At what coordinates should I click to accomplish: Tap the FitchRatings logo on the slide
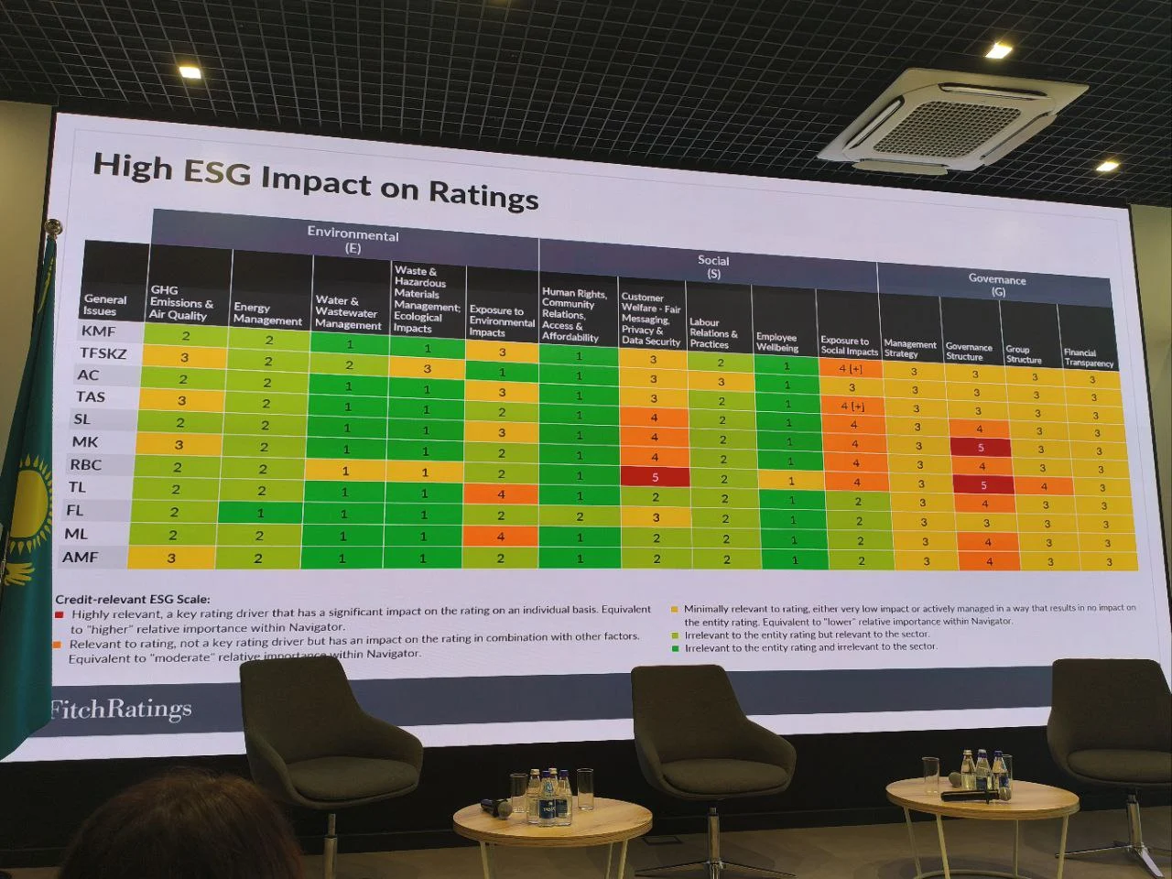click(x=121, y=710)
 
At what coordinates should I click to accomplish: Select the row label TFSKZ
click(x=103, y=353)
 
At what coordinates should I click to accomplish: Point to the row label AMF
click(x=81, y=557)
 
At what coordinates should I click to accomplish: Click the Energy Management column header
click(x=267, y=314)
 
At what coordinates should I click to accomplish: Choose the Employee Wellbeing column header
click(x=776, y=342)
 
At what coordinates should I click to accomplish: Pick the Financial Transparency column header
click(x=1088, y=357)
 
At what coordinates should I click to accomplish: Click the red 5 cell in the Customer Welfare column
click(x=655, y=477)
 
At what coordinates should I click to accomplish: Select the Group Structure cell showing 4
click(x=1044, y=486)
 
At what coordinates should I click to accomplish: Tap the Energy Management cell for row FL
click(x=260, y=513)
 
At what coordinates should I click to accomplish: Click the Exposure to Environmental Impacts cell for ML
click(x=501, y=537)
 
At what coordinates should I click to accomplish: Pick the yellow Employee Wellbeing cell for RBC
click(x=791, y=481)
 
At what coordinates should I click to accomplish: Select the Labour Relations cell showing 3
click(x=721, y=382)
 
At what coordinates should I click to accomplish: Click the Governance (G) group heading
click(x=997, y=285)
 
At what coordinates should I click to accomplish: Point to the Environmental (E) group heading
click(x=353, y=240)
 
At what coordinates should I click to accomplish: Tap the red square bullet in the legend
click(x=60, y=614)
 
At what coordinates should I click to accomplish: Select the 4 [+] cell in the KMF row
click(x=851, y=369)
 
